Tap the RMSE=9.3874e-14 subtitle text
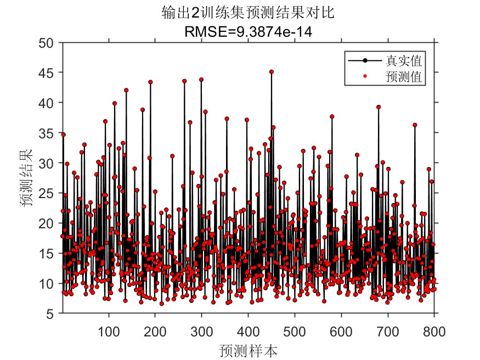pyautogui.click(x=248, y=32)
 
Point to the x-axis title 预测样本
pyautogui.click(x=248, y=349)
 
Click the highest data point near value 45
pyautogui.click(x=272, y=72)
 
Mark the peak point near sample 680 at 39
pyautogui.click(x=379, y=107)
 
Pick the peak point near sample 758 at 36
pyautogui.click(x=415, y=125)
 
